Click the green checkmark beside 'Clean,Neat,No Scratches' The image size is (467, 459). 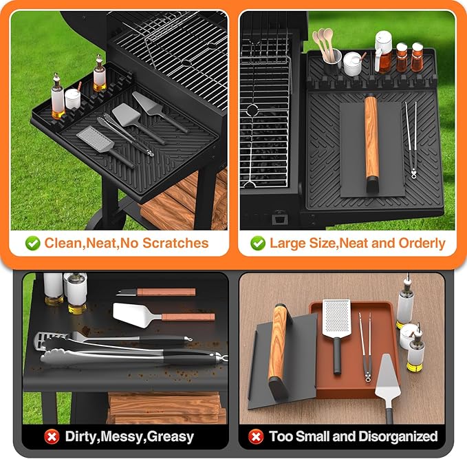tap(32, 243)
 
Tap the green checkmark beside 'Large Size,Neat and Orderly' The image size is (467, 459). tap(258, 243)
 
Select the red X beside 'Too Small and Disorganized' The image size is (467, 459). tap(255, 436)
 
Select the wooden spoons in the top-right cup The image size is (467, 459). tap(322, 45)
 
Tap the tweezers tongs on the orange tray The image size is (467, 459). tap(366, 344)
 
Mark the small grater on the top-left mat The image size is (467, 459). tap(90, 138)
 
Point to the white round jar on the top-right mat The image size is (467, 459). tap(353, 64)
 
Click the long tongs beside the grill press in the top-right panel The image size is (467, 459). tap(411, 138)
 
